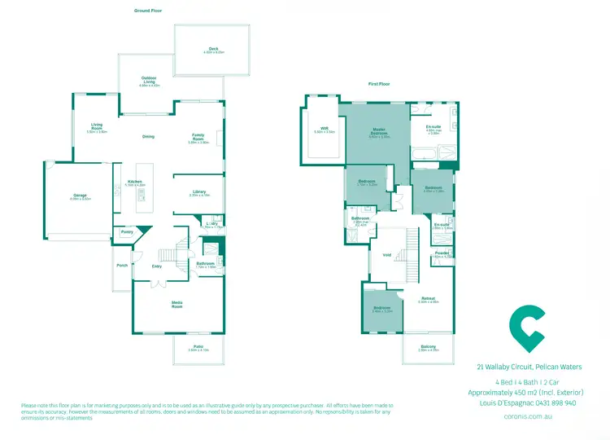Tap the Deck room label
(213, 50)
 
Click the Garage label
(81, 196)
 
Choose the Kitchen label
(135, 182)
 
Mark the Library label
(199, 192)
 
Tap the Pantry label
(127, 232)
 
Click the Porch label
(122, 265)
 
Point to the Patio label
(198, 347)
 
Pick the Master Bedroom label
(379, 130)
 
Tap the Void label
(387, 255)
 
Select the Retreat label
(428, 298)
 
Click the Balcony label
(428, 347)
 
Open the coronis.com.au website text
(529, 416)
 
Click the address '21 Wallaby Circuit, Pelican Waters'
(529, 367)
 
